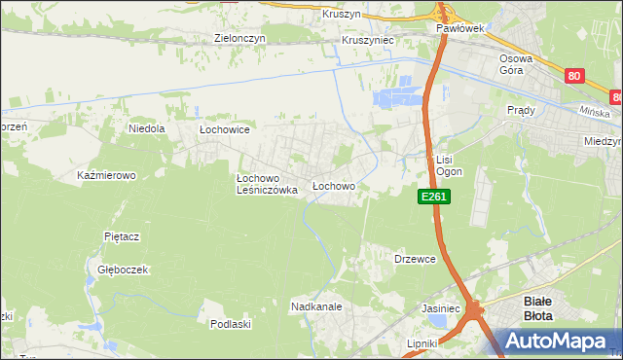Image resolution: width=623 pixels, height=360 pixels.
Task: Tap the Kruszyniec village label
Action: (367, 41)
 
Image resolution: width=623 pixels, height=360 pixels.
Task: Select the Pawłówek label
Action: (460, 29)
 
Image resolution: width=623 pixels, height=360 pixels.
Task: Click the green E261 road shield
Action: (434, 197)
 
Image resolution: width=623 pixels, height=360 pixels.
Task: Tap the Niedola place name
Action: (147, 127)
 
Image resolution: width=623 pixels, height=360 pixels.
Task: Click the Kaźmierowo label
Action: (106, 176)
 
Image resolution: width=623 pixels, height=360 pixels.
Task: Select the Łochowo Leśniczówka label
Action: (266, 185)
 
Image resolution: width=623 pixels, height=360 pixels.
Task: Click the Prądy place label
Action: (521, 111)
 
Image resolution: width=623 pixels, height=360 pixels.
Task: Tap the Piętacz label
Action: (123, 236)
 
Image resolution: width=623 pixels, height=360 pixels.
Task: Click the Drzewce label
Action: (414, 259)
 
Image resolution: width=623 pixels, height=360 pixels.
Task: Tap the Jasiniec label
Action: (440, 307)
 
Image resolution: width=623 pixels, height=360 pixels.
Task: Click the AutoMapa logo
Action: (553, 341)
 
